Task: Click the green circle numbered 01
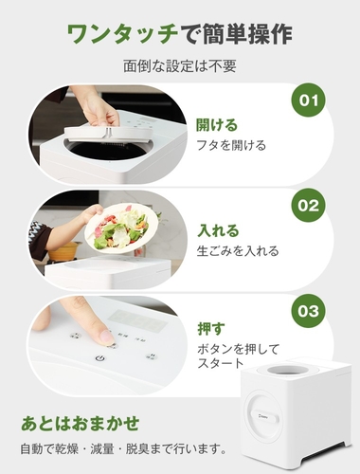click(308, 100)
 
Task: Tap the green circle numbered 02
click(308, 206)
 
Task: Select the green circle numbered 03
click(308, 311)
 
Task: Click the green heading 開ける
click(217, 125)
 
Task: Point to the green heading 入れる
click(218, 230)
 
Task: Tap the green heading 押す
click(211, 329)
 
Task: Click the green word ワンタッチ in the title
click(122, 34)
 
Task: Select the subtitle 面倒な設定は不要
click(180, 66)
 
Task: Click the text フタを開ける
click(231, 146)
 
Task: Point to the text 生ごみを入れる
click(238, 251)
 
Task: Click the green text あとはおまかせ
click(81, 423)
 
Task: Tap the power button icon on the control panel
click(100, 358)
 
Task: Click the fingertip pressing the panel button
click(106, 337)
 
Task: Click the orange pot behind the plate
click(64, 250)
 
